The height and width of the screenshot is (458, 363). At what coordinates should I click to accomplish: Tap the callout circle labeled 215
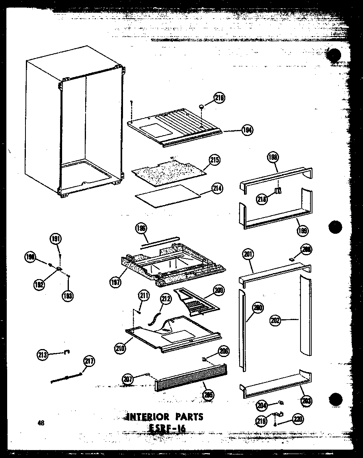coord(214,160)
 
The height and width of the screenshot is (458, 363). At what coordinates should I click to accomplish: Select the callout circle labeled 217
coord(89,361)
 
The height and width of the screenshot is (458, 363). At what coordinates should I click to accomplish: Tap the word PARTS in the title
coord(188,417)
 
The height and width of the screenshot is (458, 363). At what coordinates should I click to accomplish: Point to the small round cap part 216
coord(203,107)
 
